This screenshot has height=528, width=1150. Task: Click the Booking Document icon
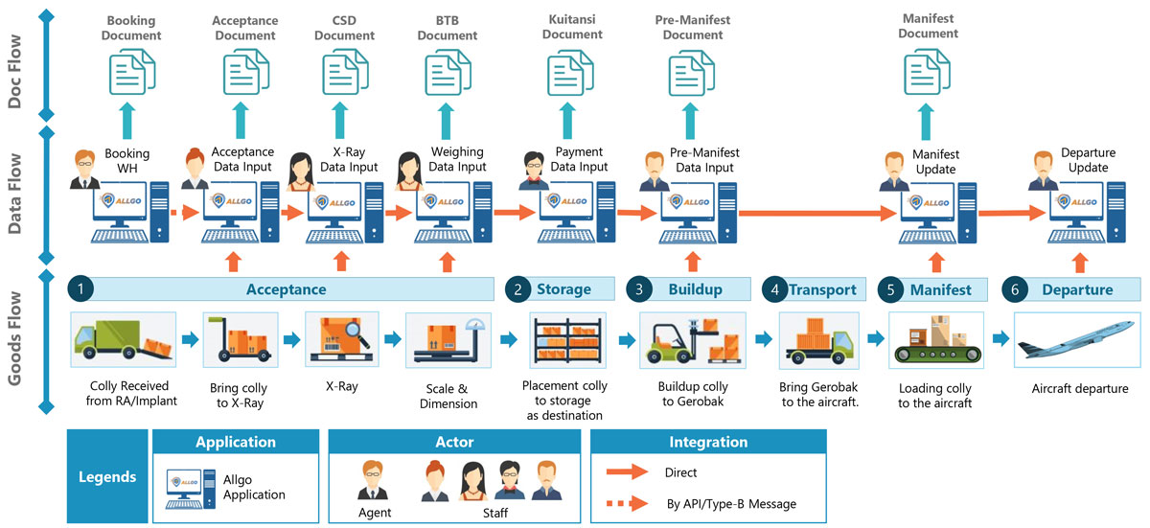(x=132, y=73)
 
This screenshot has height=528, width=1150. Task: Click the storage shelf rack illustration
(x=565, y=340)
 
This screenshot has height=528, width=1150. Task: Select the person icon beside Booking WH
(x=84, y=172)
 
